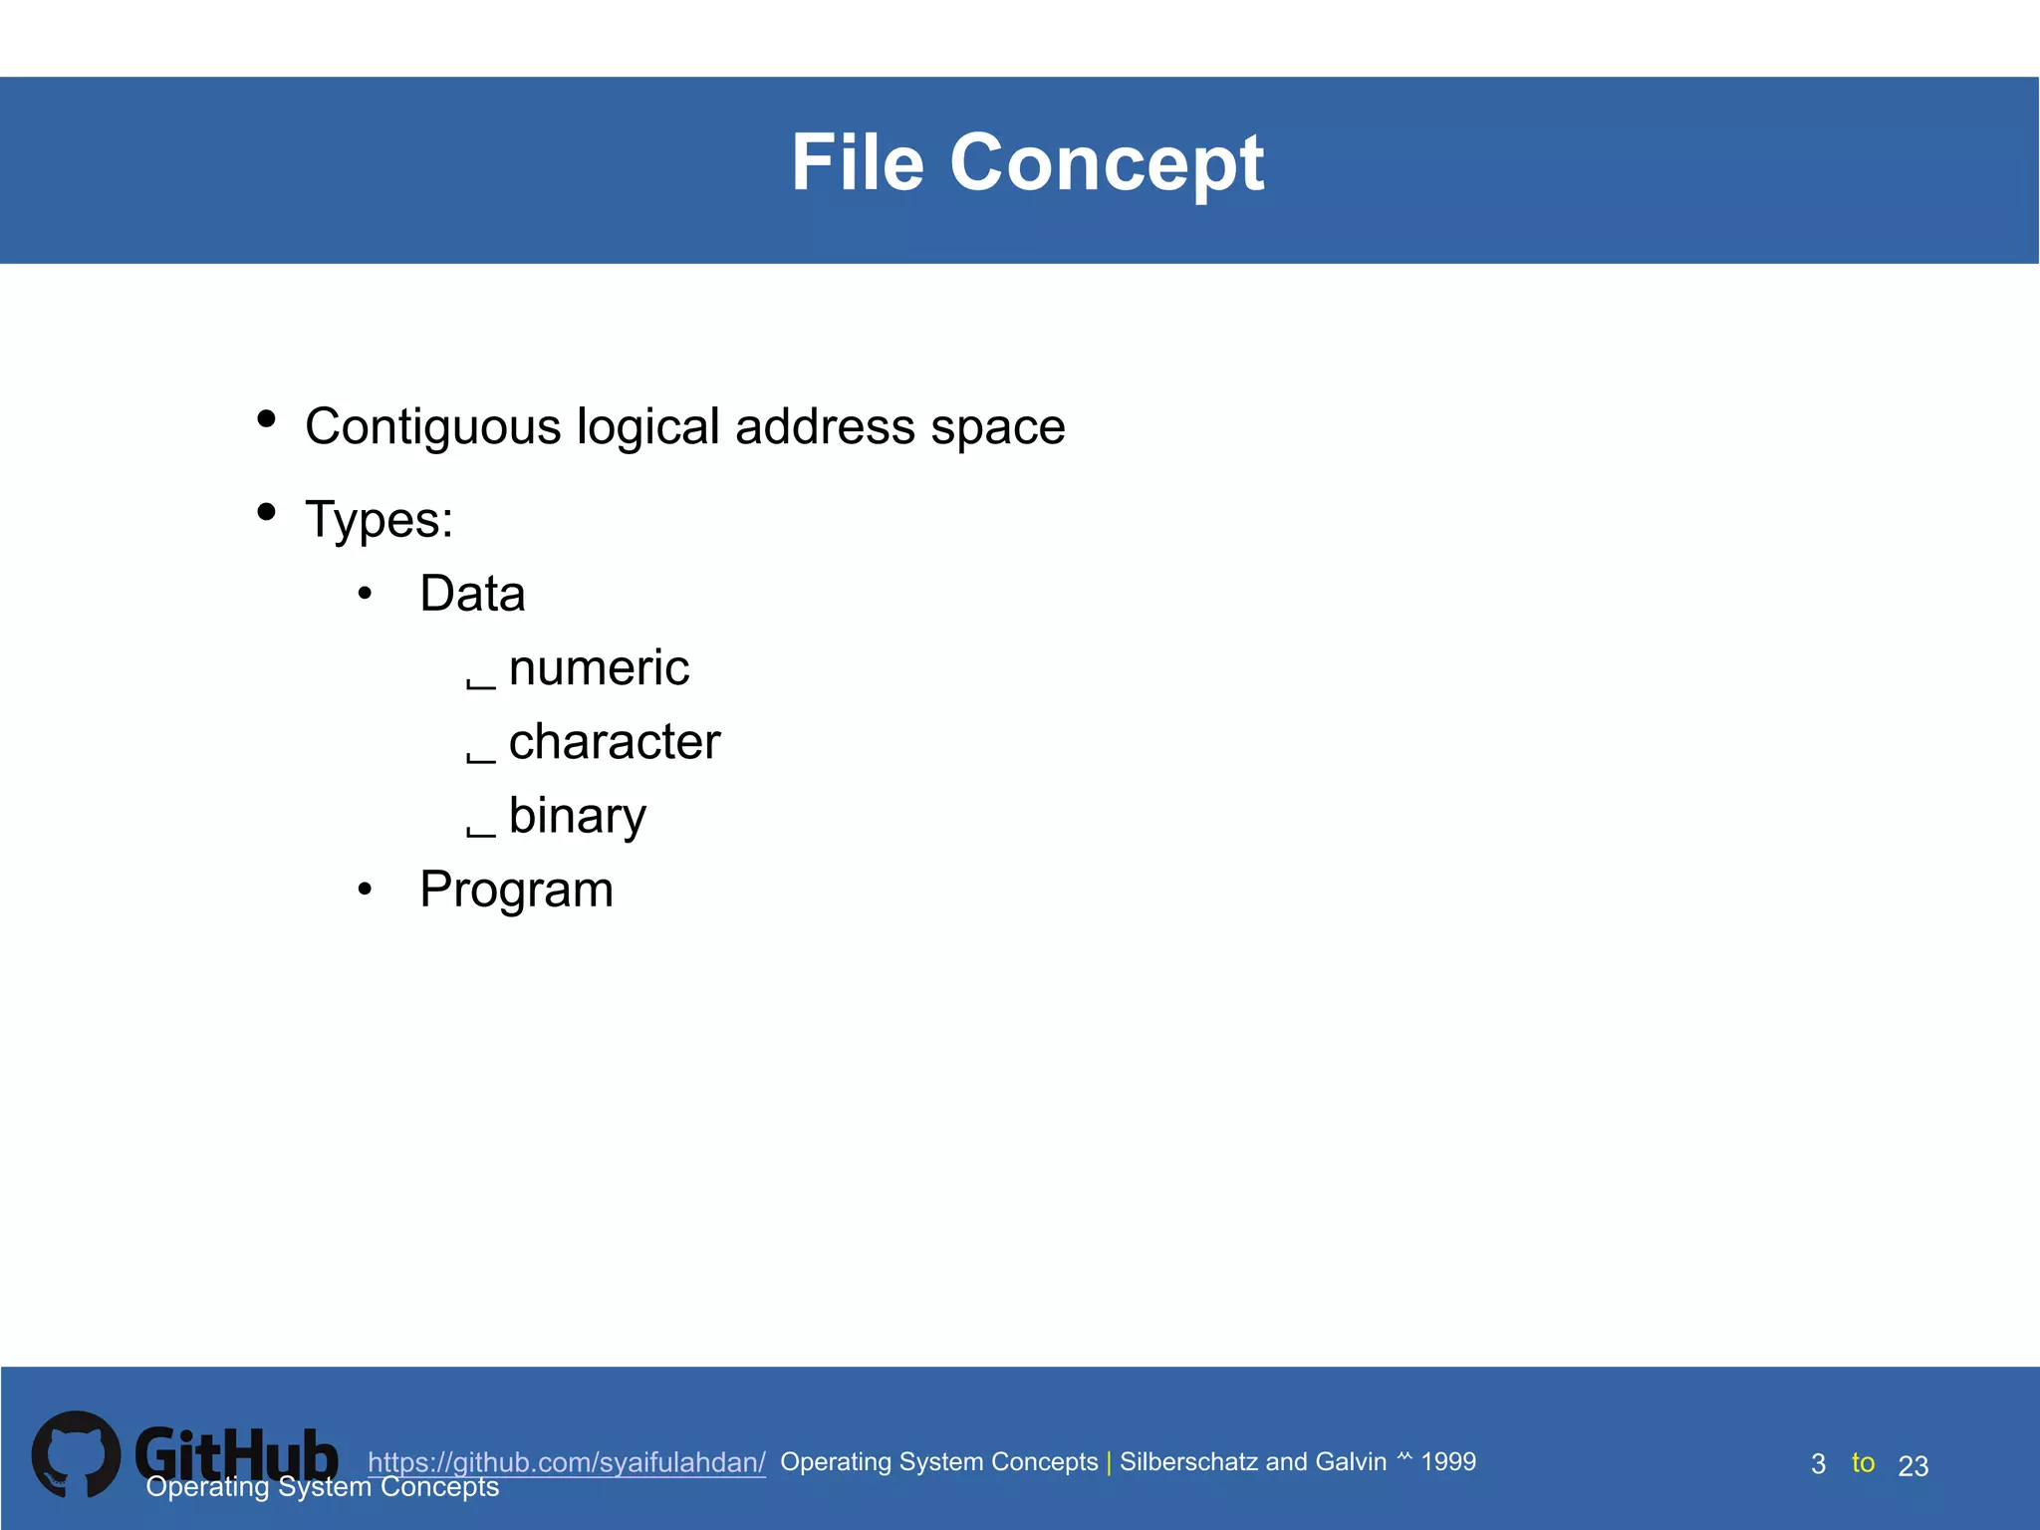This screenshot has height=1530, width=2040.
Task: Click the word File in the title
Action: (858, 162)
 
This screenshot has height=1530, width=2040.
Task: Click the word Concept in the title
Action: (1107, 164)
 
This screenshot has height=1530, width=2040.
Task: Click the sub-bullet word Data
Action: (472, 594)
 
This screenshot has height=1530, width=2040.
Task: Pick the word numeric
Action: (599, 667)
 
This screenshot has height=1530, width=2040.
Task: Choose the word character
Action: (614, 742)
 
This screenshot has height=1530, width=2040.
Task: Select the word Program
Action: (516, 890)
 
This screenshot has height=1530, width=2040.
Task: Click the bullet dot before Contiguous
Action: (266, 418)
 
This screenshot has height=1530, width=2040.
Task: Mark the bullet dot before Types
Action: (266, 512)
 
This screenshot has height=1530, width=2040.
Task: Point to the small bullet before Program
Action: (365, 889)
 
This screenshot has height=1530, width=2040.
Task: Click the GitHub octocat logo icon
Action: (76, 1454)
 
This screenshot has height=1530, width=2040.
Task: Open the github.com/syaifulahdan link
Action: (566, 1462)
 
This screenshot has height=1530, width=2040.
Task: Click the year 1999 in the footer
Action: (1448, 1461)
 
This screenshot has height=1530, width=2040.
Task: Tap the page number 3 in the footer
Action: (1818, 1464)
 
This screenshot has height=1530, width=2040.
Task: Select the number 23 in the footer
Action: (1912, 1466)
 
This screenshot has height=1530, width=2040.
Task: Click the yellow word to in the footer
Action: (1863, 1462)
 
